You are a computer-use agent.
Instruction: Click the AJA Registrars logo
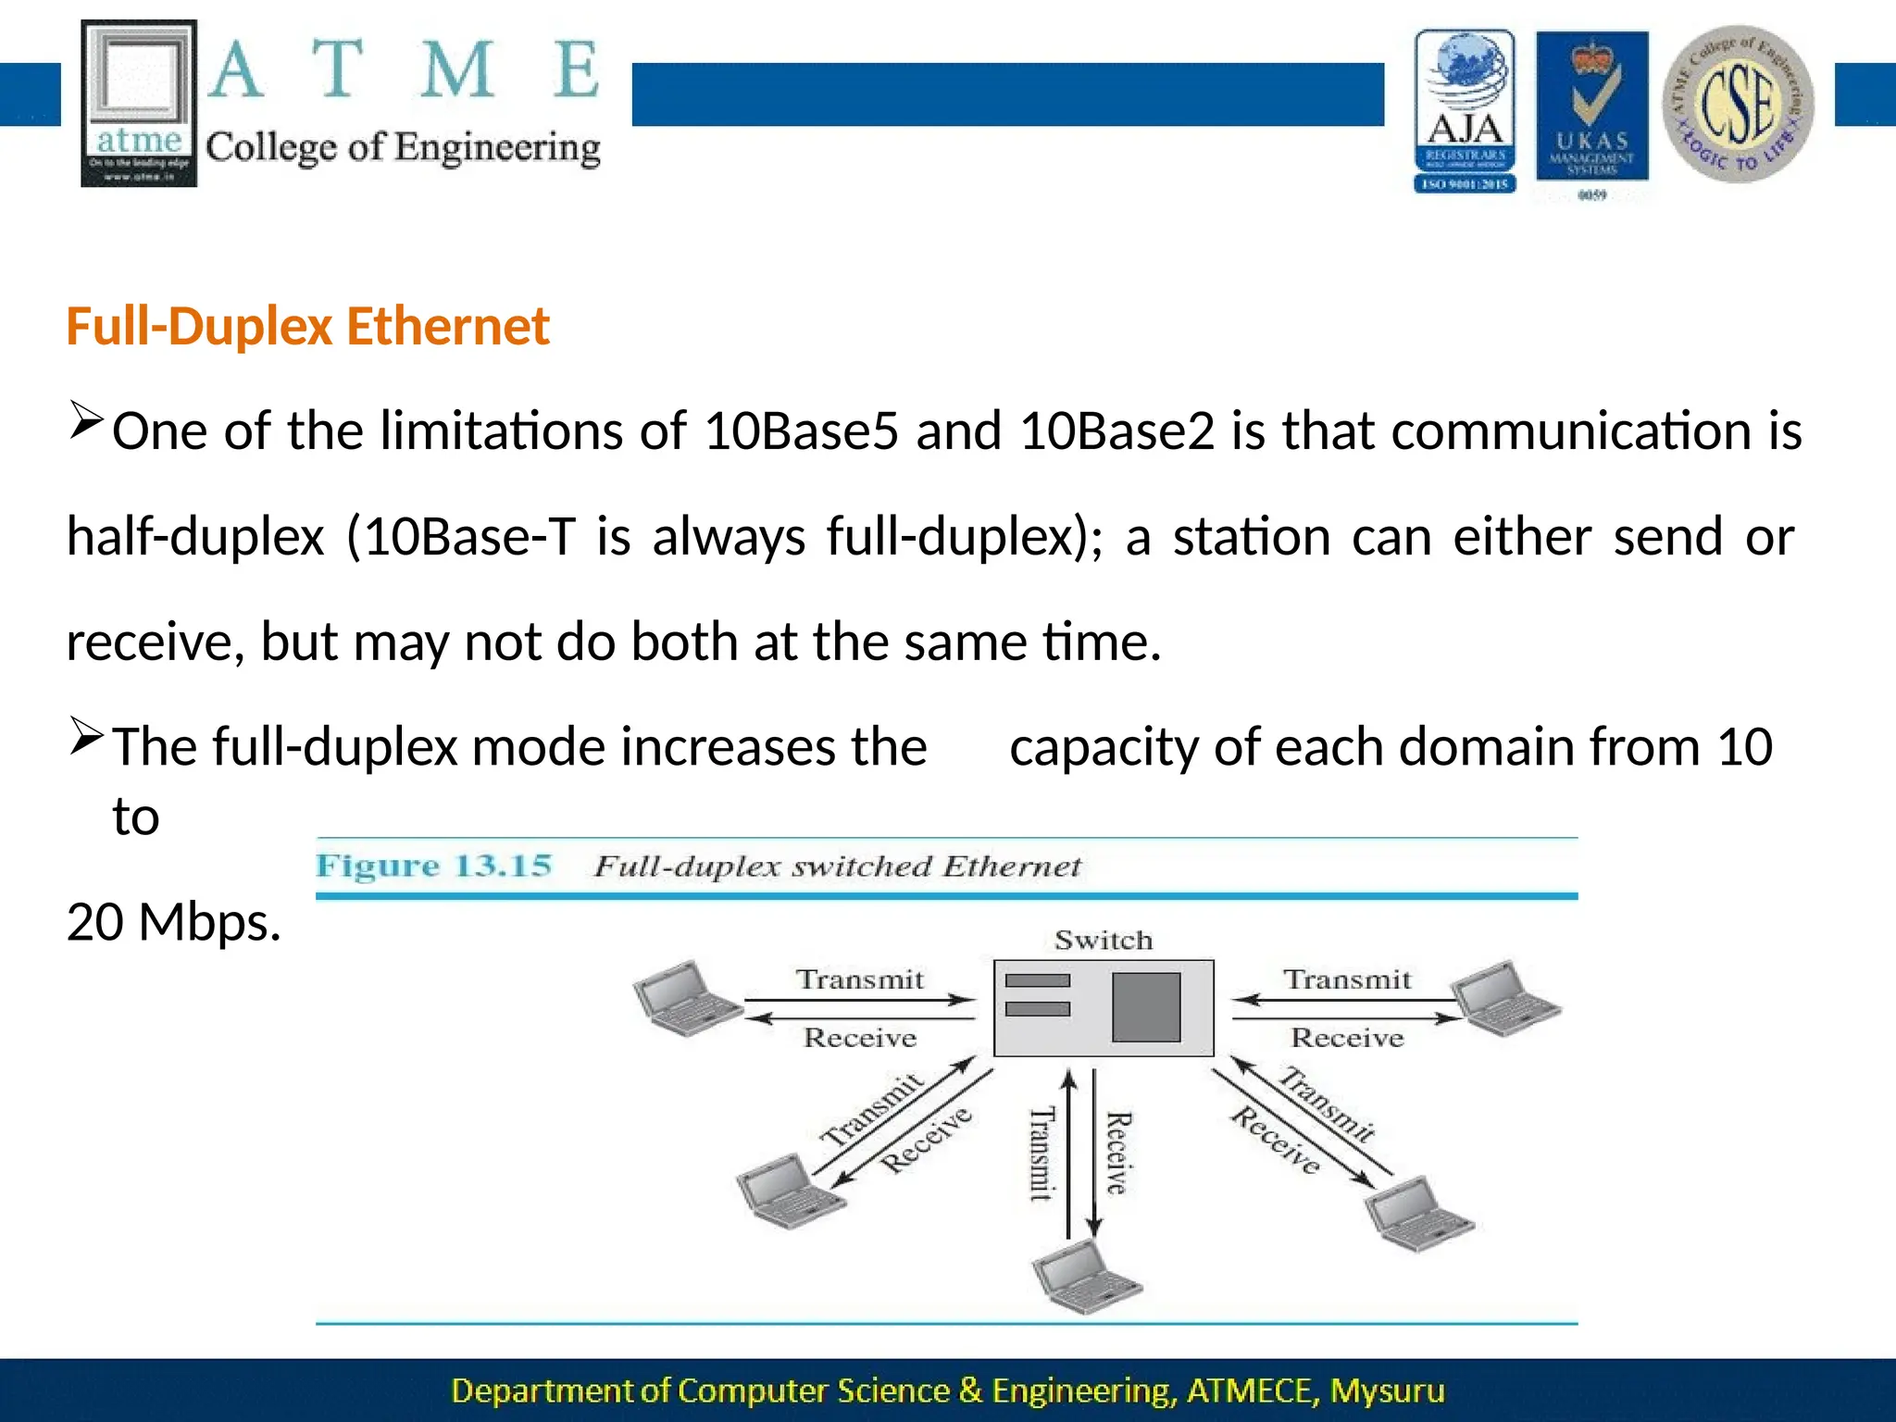(x=1465, y=111)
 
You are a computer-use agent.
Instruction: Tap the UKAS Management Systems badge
(x=1591, y=109)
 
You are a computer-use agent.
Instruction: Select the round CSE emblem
(x=1738, y=104)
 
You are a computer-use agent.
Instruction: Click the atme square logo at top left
(x=139, y=103)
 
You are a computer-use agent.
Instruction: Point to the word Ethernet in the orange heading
(x=448, y=327)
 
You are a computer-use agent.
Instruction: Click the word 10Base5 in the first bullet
(x=801, y=431)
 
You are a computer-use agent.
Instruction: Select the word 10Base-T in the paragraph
(x=469, y=537)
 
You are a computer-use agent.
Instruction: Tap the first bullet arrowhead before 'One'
(x=85, y=421)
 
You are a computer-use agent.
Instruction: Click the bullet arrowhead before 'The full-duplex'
(x=85, y=737)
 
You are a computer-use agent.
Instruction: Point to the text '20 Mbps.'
(x=173, y=922)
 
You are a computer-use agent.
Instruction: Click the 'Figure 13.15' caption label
(x=433, y=867)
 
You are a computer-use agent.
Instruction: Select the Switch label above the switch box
(x=1104, y=941)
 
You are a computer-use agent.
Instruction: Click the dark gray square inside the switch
(x=1146, y=1007)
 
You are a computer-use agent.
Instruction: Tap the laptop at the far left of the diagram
(x=686, y=998)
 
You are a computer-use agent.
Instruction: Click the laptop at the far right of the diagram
(x=1505, y=998)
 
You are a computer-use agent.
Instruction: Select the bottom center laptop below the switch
(x=1086, y=1277)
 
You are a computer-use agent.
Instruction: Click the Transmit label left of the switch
(x=860, y=979)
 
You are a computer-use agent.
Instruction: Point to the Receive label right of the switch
(x=1347, y=1038)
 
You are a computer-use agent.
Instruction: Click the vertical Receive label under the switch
(x=1118, y=1153)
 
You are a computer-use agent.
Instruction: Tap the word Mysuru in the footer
(x=1387, y=1391)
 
